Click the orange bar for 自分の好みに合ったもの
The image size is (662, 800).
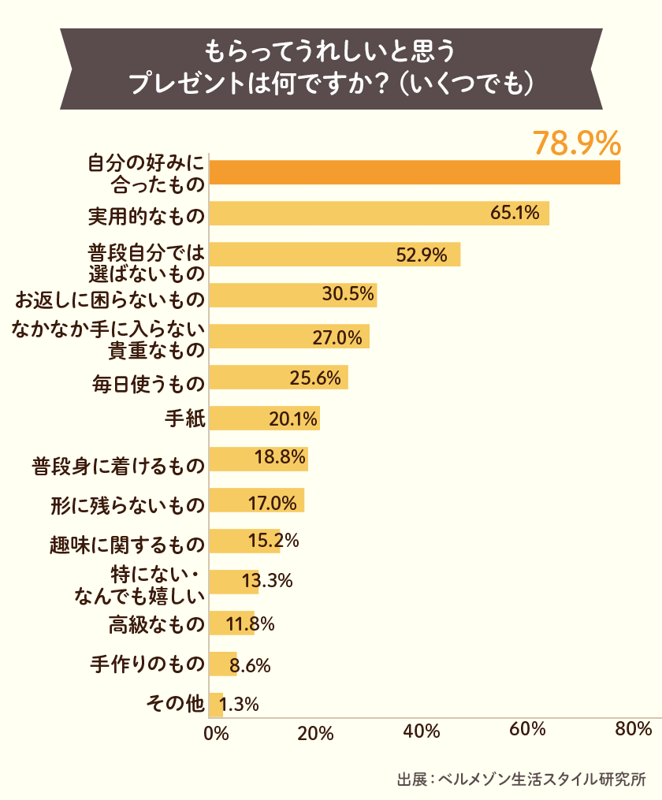pyautogui.click(x=415, y=172)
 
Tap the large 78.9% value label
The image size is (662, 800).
pyautogui.click(x=577, y=143)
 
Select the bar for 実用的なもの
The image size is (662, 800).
pyautogui.click(x=379, y=213)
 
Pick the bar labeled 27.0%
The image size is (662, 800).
pyautogui.click(x=289, y=337)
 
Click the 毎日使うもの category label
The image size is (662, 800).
pyautogui.click(x=148, y=383)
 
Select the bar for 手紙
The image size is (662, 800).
pyautogui.click(x=264, y=419)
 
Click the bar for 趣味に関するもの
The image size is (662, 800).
pyautogui.click(x=244, y=541)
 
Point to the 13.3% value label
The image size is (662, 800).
pyautogui.click(x=267, y=582)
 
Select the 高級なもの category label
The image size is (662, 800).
pyautogui.click(x=156, y=625)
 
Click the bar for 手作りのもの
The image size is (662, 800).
pyautogui.click(x=223, y=664)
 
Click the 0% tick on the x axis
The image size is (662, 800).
pyautogui.click(x=215, y=732)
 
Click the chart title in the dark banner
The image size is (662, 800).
pyautogui.click(x=331, y=69)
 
